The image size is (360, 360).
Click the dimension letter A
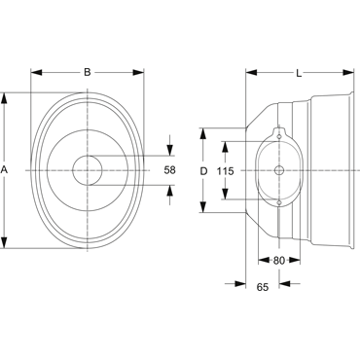(4, 170)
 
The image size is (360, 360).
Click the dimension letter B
(88, 72)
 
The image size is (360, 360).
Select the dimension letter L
(299, 73)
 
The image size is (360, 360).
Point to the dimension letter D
(203, 171)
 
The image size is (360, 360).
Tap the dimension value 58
(169, 170)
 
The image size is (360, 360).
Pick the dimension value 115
(226, 171)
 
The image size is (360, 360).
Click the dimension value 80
(279, 260)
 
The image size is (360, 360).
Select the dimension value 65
(263, 287)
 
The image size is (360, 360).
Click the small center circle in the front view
(88, 170)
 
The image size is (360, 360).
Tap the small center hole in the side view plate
(279, 170)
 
